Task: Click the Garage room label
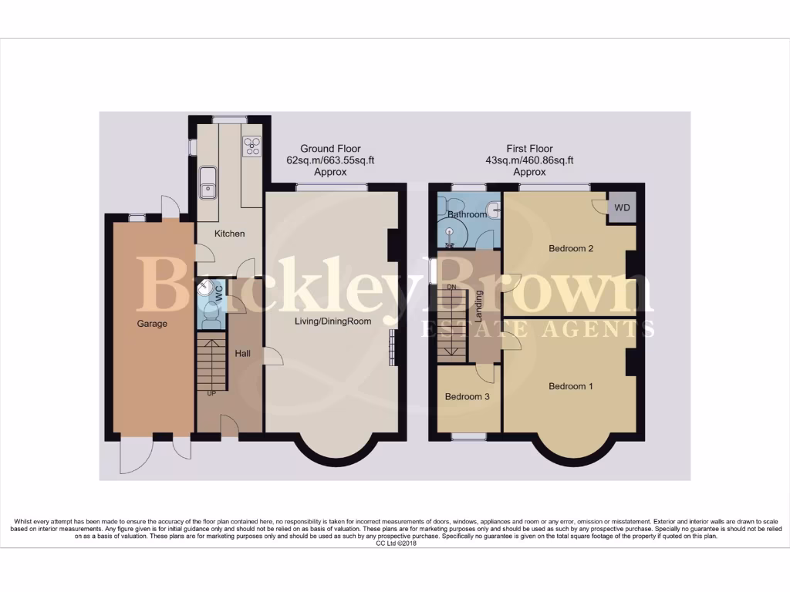point(152,324)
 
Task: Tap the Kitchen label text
point(229,234)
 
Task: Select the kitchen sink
point(208,183)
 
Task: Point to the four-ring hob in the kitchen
point(252,146)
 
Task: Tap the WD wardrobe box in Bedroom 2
point(621,207)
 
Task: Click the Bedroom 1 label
point(570,386)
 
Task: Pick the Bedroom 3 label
point(467,397)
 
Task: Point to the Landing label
point(479,305)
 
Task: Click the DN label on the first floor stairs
point(453,288)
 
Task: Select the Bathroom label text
point(467,214)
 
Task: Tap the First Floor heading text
point(529,149)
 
